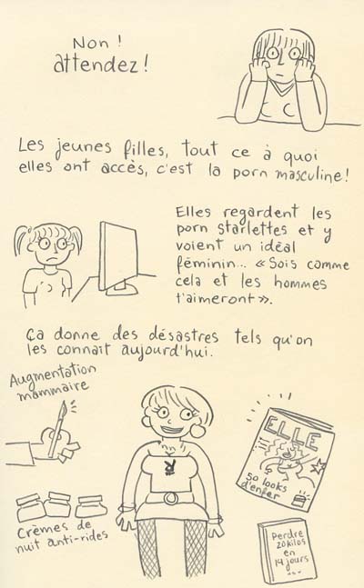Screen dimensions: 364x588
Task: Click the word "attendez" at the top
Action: (97, 65)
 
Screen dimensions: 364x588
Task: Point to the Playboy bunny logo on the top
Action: (170, 468)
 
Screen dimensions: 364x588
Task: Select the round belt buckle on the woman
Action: (171, 498)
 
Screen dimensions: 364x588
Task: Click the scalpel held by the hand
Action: (57, 429)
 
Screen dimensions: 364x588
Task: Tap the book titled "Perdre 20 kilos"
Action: (288, 552)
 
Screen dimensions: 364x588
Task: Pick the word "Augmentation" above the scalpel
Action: (53, 375)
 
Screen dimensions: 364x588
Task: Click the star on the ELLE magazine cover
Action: (320, 467)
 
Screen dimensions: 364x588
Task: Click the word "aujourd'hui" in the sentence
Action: (166, 351)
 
